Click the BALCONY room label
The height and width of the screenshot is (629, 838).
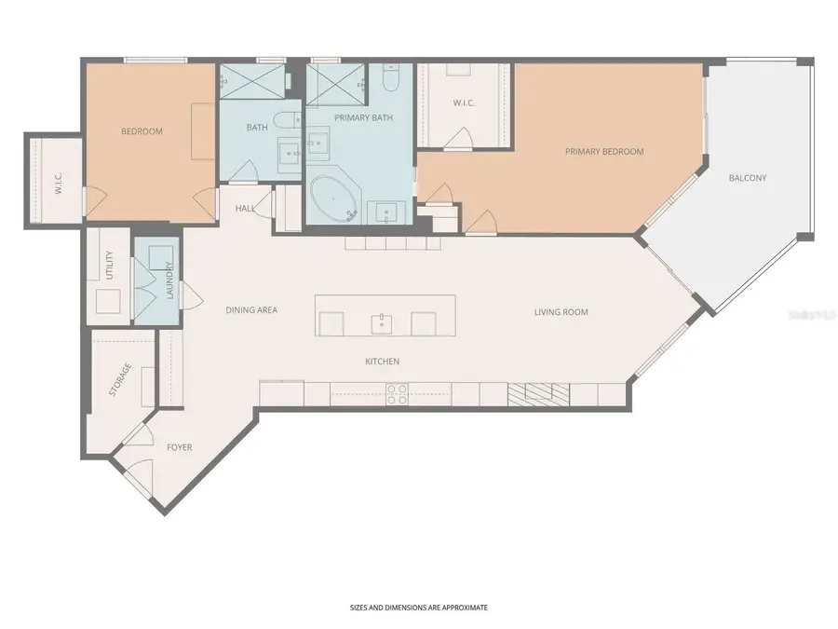coord(748,177)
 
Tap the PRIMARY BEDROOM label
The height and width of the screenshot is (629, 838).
coord(604,151)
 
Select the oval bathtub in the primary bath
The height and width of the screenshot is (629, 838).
coord(334,198)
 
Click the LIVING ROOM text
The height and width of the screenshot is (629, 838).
coord(561,312)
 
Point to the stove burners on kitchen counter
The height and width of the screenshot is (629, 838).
coord(398,394)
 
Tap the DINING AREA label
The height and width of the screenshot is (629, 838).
coord(251,310)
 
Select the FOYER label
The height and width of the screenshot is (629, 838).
coord(180,447)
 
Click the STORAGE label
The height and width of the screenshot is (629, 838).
coord(120,379)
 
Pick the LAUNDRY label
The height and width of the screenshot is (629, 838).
coord(169,280)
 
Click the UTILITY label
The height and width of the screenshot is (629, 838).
coord(110,266)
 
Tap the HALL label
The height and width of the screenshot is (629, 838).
coord(245,209)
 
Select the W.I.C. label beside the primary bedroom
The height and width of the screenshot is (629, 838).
coord(464,103)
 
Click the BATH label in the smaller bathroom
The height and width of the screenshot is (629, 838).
coord(257,127)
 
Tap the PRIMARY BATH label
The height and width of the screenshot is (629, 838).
coord(363,118)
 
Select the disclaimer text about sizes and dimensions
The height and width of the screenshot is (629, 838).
coord(418,607)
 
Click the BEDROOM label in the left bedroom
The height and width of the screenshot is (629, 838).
coord(142,131)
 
